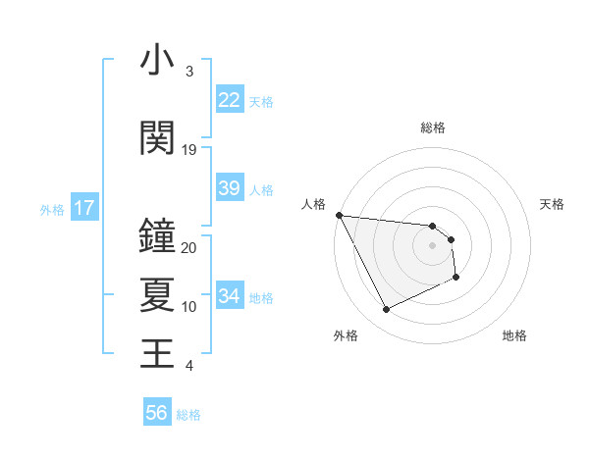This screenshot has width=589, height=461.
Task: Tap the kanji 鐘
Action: click(157, 235)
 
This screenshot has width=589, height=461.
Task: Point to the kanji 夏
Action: click(157, 294)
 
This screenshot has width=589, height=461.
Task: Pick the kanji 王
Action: click(157, 352)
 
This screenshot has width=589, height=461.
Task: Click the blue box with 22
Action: click(229, 100)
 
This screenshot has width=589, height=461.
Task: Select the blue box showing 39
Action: click(229, 188)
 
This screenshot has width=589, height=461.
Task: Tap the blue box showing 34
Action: click(229, 296)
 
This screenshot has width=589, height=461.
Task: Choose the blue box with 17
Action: click(83, 208)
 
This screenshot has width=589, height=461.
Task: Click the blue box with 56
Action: click(157, 413)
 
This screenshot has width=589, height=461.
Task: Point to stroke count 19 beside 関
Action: click(189, 150)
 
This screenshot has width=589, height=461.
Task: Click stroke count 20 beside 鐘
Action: click(189, 248)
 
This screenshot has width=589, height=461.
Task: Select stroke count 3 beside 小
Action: click(189, 72)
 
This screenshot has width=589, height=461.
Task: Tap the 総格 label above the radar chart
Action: click(433, 128)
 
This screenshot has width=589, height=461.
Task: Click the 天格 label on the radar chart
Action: click(552, 204)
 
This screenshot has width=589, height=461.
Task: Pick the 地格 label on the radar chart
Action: click(514, 335)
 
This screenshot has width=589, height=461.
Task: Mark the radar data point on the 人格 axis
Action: click(339, 215)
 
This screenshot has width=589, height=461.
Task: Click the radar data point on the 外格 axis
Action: click(386, 310)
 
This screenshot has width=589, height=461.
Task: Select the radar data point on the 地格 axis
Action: click(456, 278)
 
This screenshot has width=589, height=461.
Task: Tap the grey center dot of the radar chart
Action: click(433, 245)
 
